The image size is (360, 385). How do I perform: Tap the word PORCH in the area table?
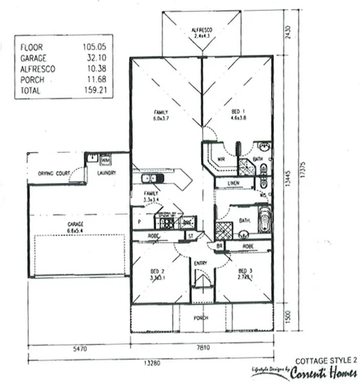pyautogui.click(x=32, y=79)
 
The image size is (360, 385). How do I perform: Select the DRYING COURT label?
pyautogui.click(x=51, y=174)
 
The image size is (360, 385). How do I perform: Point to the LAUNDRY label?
pyautogui.click(x=107, y=173)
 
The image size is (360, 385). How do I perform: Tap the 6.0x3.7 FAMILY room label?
pyautogui.click(x=162, y=115)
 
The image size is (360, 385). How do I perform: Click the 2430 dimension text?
pyautogui.click(x=290, y=33)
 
